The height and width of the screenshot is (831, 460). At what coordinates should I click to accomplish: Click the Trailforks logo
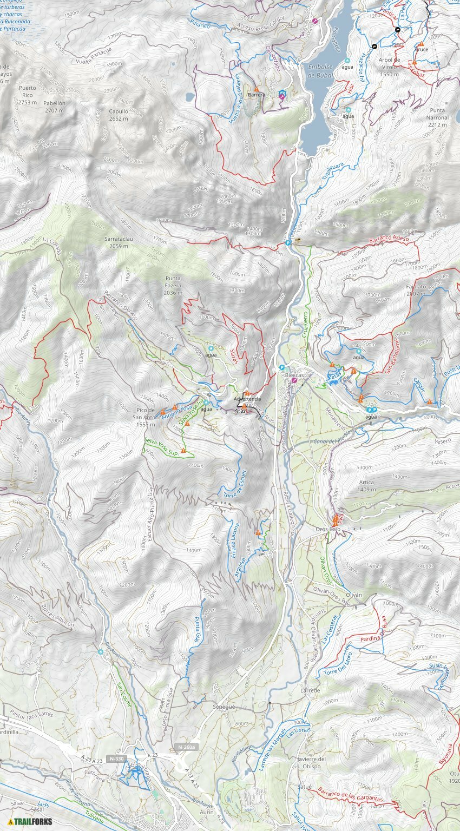point(30,821)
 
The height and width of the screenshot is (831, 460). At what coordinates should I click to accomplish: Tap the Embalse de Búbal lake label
point(319,71)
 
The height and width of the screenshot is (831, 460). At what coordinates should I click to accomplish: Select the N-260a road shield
point(187,747)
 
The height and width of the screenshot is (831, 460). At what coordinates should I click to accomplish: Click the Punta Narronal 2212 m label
point(437,117)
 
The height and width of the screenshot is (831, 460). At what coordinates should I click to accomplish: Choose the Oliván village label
point(353,595)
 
